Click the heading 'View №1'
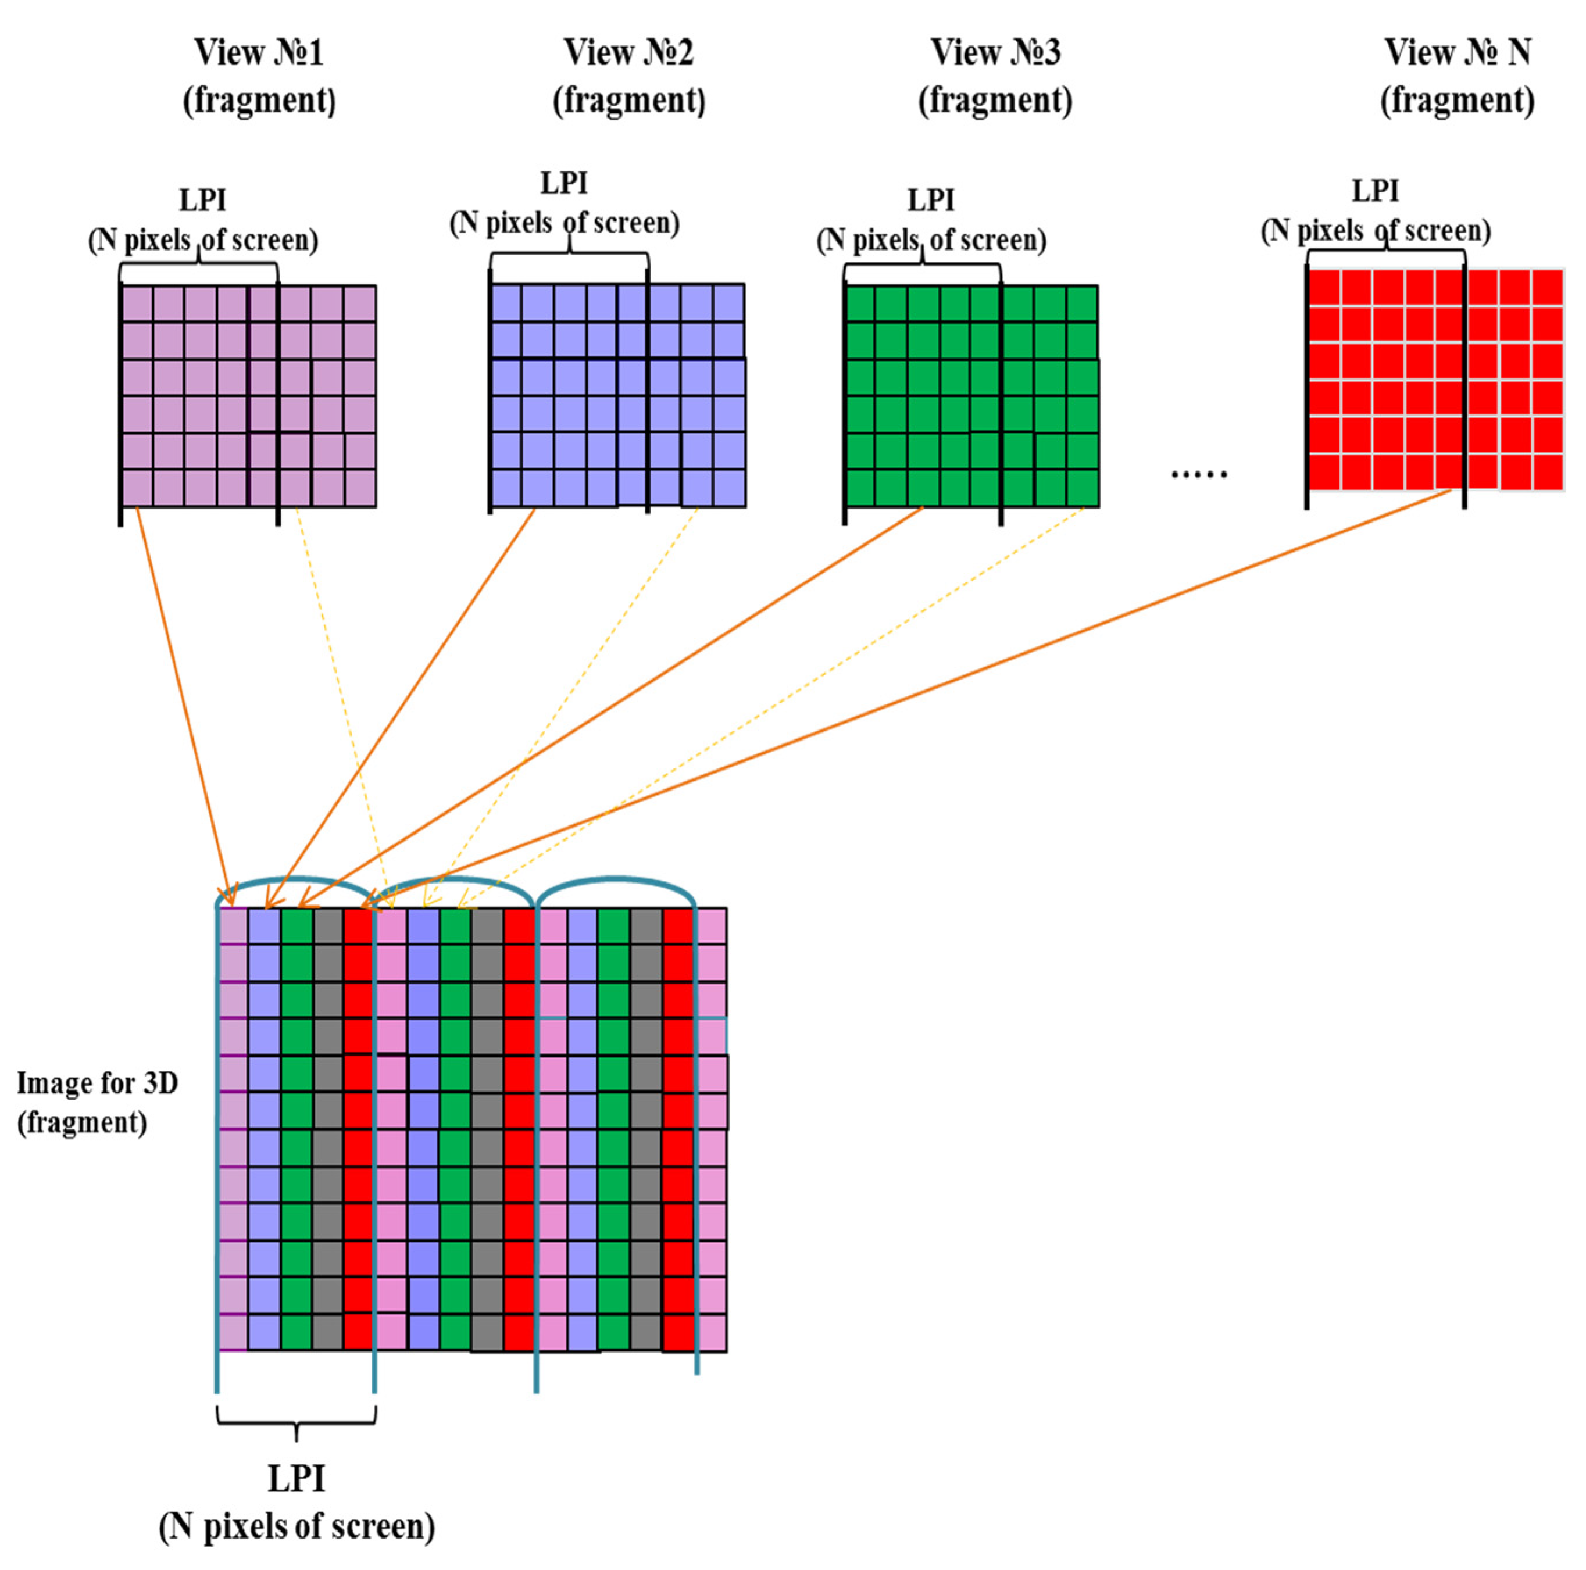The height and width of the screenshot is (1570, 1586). click(x=259, y=52)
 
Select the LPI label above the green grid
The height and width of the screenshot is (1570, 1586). click(x=930, y=199)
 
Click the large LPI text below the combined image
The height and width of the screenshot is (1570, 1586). click(x=297, y=1478)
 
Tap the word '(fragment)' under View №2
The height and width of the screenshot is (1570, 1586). click(x=629, y=100)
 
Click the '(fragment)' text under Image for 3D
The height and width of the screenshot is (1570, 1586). click(x=82, y=1121)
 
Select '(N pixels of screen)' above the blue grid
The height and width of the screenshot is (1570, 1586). click(x=565, y=223)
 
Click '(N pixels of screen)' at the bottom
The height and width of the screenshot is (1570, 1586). click(x=297, y=1526)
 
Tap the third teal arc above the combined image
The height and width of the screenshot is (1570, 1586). click(x=616, y=880)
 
